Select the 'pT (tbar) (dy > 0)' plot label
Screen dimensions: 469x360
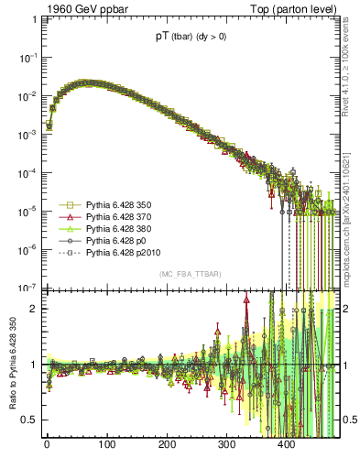click(192, 38)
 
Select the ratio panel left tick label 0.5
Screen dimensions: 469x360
click(30, 420)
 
